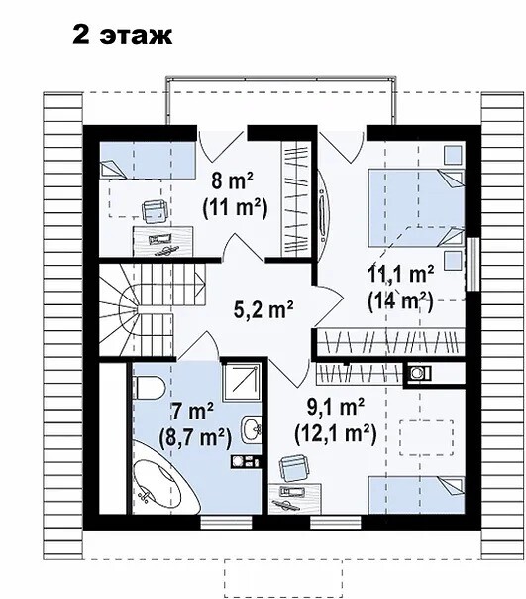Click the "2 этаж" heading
coord(123,35)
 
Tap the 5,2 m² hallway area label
coord(263,309)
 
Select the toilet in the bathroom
coord(149,388)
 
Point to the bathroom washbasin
coord(252,429)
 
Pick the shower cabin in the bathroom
coord(242,382)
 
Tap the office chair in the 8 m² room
coord(155,211)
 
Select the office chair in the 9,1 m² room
coord(293,468)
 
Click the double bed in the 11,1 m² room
coord(416,208)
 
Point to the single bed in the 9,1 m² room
coord(416,495)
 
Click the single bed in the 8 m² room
coord(148,160)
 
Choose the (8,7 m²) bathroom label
coord(195,438)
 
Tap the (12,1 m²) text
coord(336,433)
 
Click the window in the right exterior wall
coord(473,265)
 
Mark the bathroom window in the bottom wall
coord(227,523)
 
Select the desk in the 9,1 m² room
coord(294,499)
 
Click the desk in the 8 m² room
coord(163,241)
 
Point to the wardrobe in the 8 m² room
coord(294,199)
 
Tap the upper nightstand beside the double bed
coord(455,155)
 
